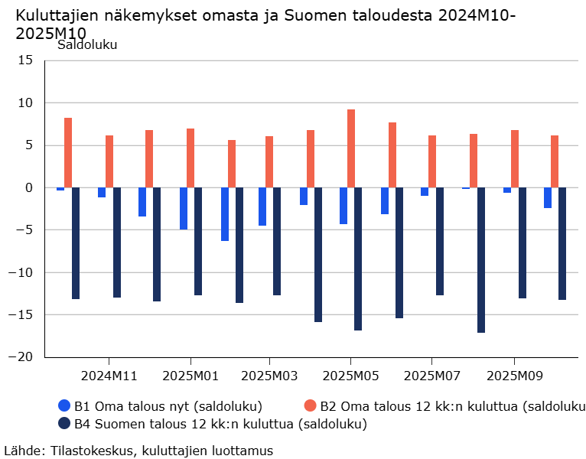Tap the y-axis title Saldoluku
pos(87,44)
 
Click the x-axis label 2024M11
pos(109,376)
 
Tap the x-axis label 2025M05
pos(350,376)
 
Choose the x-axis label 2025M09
pos(513,376)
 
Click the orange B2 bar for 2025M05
pos(351,148)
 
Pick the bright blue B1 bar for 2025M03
pos(262,207)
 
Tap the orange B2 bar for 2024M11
pos(109,161)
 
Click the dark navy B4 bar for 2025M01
pos(198,241)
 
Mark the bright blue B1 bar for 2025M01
pos(184,208)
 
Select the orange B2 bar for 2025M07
pos(432,161)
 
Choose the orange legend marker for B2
pos(310,405)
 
